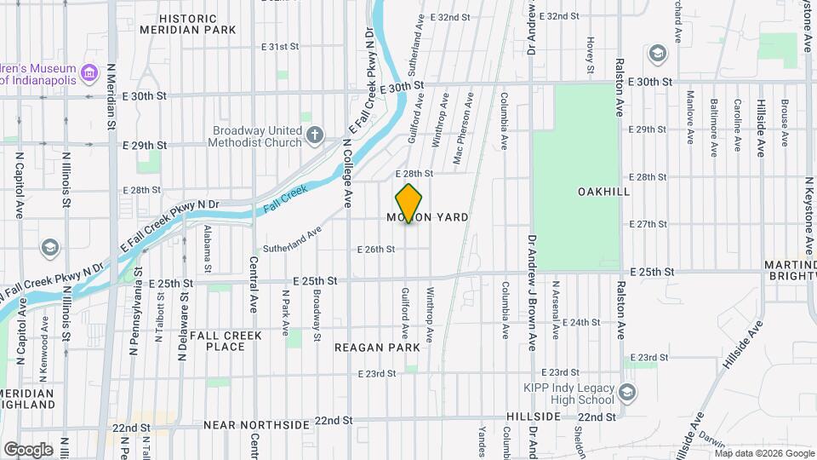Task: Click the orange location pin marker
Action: coord(409,204)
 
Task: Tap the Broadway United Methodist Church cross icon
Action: coord(315,135)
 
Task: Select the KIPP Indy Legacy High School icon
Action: coord(627,392)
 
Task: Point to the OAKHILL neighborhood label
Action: coord(603,192)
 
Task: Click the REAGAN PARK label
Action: coord(377,348)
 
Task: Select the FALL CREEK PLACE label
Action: coord(226,341)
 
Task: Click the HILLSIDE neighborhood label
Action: coord(534,417)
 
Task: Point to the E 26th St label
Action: coord(375,249)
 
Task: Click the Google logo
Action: coord(28,449)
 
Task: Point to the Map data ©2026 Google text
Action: coord(764,453)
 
